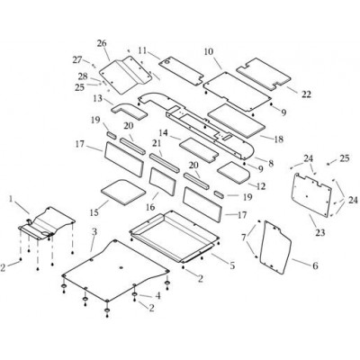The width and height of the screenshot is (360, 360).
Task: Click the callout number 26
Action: (102, 43)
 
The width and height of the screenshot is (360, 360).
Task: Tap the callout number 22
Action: (306, 94)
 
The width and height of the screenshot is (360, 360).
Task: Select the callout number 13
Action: (98, 98)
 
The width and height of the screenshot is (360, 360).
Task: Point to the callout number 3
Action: (94, 231)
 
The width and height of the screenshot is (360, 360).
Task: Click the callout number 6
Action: (315, 265)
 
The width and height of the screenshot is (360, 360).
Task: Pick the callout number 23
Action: (320, 232)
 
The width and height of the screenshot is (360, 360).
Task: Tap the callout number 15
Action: (94, 212)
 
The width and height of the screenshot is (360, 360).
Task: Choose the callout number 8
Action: (271, 164)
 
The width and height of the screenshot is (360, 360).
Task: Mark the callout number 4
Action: (157, 296)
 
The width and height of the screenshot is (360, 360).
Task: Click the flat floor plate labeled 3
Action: (115, 270)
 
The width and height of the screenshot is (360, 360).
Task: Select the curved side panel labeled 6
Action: (276, 247)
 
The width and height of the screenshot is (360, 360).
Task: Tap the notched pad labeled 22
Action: (264, 74)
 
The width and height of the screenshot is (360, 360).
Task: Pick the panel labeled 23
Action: (313, 194)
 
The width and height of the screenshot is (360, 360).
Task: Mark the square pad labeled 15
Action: (123, 192)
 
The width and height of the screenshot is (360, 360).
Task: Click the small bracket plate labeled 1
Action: (47, 223)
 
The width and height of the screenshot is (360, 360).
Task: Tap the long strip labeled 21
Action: (165, 163)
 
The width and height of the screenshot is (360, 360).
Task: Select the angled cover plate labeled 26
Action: (125, 76)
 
